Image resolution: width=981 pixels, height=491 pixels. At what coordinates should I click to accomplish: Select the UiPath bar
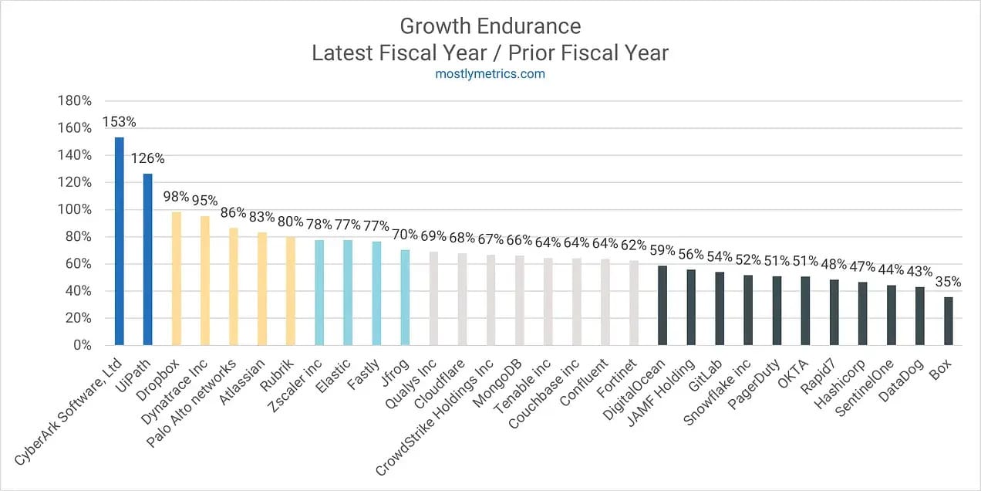pyautogui.click(x=147, y=259)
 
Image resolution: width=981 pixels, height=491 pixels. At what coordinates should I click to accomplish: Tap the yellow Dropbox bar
pyautogui.click(x=176, y=279)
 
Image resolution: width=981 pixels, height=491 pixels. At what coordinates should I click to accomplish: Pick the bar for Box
pyautogui.click(x=948, y=321)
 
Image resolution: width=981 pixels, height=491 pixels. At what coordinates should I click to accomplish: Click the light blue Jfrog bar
pyautogui.click(x=405, y=297)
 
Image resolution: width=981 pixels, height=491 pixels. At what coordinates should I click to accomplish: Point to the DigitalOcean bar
pyautogui.click(x=662, y=305)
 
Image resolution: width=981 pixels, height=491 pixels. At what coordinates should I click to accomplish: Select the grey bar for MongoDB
pyautogui.click(x=519, y=300)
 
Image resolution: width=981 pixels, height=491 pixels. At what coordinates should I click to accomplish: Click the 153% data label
pyautogui.click(x=120, y=122)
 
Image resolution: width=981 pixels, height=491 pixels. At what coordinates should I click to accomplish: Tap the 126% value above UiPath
pyautogui.click(x=148, y=158)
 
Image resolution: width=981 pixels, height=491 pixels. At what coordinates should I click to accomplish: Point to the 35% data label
pyautogui.click(x=948, y=282)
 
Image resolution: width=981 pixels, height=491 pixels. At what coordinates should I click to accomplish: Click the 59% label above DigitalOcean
pyautogui.click(x=662, y=250)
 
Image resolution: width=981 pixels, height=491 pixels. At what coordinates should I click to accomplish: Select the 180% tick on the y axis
pyautogui.click(x=75, y=101)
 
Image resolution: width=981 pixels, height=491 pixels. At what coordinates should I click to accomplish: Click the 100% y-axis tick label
pyautogui.click(x=75, y=210)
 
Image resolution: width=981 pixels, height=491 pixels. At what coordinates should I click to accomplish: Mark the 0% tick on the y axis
pyautogui.click(x=83, y=346)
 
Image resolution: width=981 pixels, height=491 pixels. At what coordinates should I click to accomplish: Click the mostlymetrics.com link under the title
pyautogui.click(x=490, y=74)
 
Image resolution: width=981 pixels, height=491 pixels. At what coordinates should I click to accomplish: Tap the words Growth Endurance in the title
pyautogui.click(x=490, y=27)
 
